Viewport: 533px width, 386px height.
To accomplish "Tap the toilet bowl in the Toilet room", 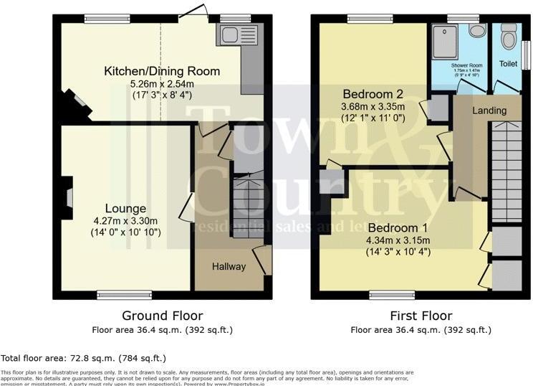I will point(509,36).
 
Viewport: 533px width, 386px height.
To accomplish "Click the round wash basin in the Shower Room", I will point(477,31).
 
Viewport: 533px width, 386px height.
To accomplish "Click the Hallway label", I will point(229,266).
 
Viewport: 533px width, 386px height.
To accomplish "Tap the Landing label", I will point(489,110).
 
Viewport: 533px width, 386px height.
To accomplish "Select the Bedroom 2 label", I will point(373,94).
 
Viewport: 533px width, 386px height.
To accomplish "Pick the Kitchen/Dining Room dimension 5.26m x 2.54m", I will point(162,83).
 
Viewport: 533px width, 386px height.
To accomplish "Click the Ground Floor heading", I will point(162,316).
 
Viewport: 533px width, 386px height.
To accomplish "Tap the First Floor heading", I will point(421,316).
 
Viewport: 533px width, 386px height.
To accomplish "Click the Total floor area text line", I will point(83,357).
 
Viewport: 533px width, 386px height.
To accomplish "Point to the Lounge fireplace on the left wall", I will point(65,196).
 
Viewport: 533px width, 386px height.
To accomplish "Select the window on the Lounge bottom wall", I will point(125,294).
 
